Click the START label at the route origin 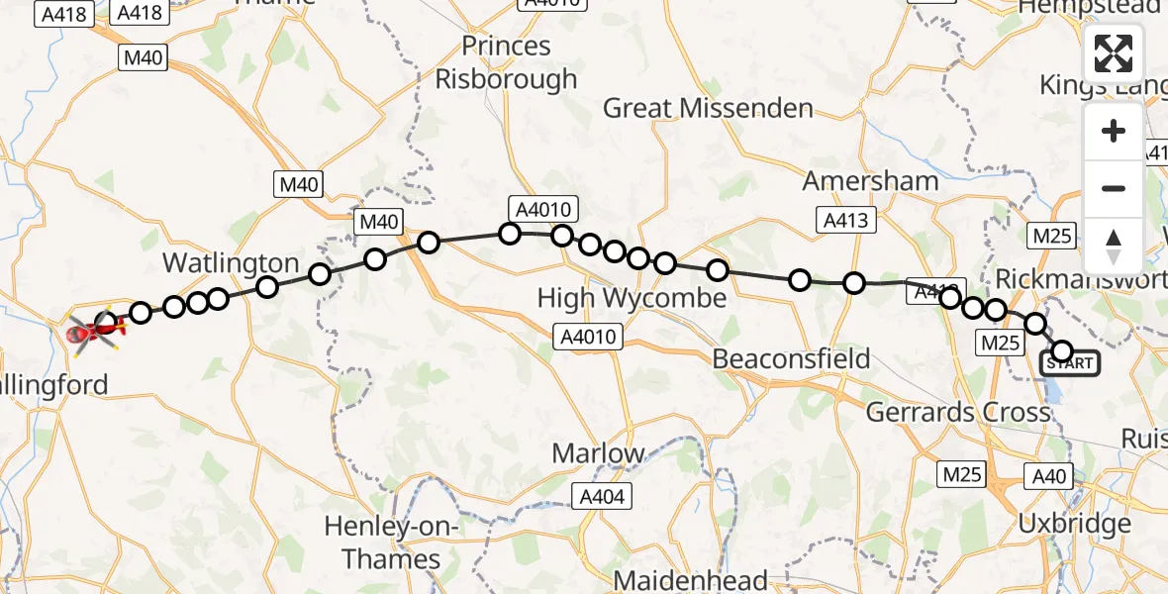[1069, 363]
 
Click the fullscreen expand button [1114, 53]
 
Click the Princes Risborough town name [506, 62]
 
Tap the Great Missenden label [708, 108]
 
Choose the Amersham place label [870, 181]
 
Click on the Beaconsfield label [791, 357]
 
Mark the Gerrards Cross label [957, 410]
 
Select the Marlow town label [598, 453]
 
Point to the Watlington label [231, 263]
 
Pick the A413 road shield [845, 220]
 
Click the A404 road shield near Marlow [602, 497]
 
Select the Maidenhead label [691, 580]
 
